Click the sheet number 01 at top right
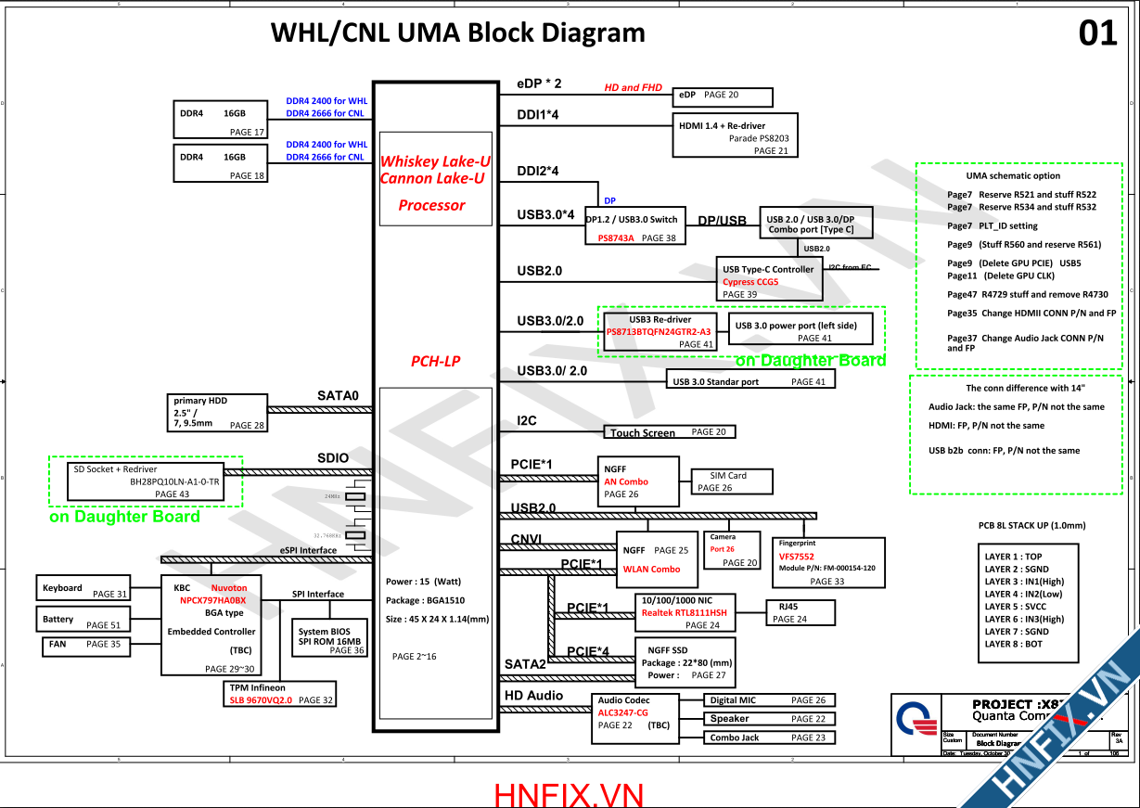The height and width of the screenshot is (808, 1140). [1098, 34]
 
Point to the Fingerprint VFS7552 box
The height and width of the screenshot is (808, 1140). [828, 562]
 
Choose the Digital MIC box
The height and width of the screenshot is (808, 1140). [769, 700]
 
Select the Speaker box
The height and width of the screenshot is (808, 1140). [769, 719]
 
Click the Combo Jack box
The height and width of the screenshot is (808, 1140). [769, 737]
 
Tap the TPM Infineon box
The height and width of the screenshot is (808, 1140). [279, 694]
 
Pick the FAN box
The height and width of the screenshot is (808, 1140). [83, 644]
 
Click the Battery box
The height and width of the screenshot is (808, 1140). [83, 619]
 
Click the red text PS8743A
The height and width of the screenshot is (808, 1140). [616, 238]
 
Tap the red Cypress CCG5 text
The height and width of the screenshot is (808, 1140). [750, 282]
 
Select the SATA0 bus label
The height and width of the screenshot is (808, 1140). [338, 396]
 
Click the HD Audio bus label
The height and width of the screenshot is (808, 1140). [533, 696]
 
